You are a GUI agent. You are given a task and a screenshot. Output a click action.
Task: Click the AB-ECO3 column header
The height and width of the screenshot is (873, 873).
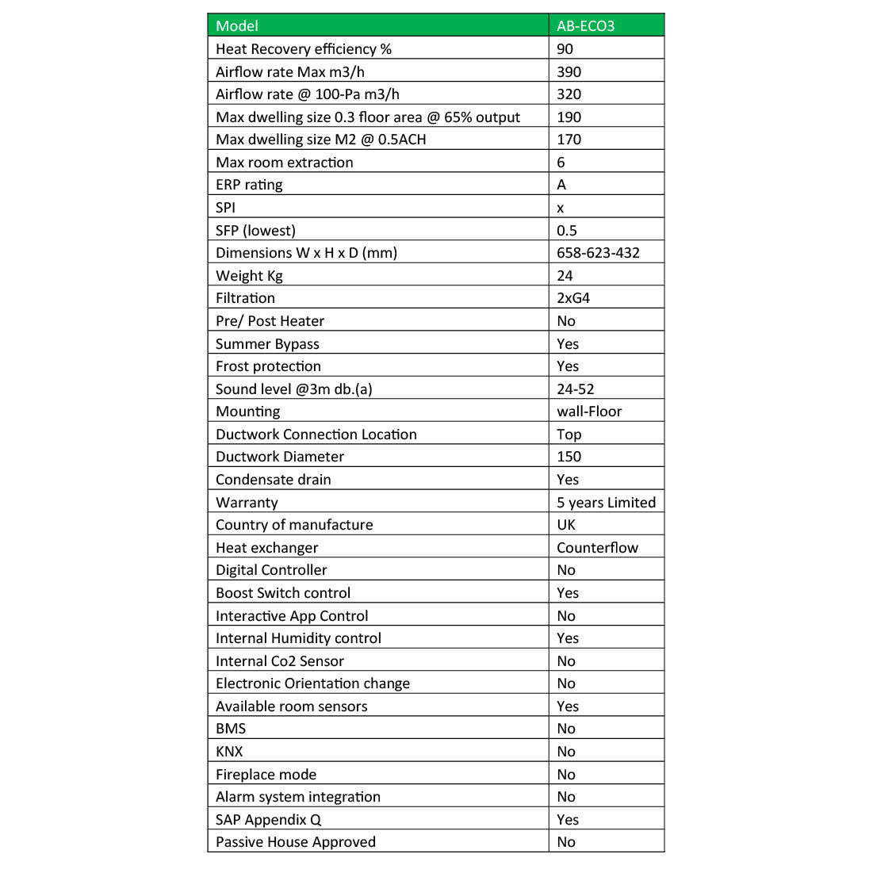coord(585,25)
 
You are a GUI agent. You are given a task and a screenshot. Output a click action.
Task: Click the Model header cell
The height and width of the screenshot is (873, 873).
coord(237,25)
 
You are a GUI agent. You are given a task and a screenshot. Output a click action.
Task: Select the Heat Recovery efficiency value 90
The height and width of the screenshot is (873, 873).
coord(565,48)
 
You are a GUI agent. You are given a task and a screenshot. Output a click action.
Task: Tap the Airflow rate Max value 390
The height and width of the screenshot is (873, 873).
coord(569,71)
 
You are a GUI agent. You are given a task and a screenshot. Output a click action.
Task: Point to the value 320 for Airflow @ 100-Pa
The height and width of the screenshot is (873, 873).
coord(569,94)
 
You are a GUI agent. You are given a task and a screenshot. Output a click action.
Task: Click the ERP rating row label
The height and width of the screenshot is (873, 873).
coord(249,185)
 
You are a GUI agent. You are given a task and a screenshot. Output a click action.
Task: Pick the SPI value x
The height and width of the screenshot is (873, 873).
coord(561,208)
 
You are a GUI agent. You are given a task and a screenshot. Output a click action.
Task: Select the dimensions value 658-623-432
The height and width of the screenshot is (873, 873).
coord(598,253)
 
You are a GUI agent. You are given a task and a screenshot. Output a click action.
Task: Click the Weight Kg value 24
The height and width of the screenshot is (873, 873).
coord(565,276)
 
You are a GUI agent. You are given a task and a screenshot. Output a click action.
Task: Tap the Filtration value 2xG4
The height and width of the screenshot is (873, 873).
coord(573,298)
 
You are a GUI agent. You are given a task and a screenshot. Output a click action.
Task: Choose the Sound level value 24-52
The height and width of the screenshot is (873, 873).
coord(575,389)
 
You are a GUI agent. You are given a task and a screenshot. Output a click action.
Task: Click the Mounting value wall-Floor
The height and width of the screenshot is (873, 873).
coord(589,412)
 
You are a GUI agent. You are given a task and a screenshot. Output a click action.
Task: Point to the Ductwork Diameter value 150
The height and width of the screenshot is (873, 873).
coord(569,457)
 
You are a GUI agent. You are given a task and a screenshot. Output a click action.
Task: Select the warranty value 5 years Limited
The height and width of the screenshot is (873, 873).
coord(606,502)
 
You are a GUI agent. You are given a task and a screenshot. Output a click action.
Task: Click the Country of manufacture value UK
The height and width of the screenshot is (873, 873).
coord(566,525)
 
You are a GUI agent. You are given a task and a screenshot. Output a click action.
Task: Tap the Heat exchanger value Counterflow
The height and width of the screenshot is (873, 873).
coord(597,547)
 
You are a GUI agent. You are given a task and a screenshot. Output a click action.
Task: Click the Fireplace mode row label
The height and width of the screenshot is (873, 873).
coord(266,775)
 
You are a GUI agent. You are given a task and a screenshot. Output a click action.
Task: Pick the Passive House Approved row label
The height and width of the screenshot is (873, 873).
coord(295,842)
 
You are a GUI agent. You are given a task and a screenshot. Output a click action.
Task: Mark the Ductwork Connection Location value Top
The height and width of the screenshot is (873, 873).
coord(569,435)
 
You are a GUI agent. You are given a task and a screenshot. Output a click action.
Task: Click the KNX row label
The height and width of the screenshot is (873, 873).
coord(229,752)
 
